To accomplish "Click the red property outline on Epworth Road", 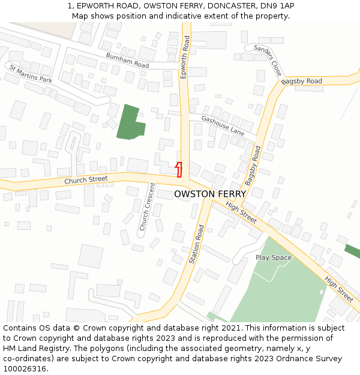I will pos(179,169).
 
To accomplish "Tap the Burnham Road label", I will pos(127,60).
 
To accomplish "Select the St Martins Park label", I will pos(31,74).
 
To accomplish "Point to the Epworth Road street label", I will pos(185,56).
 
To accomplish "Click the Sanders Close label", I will pos(268,59).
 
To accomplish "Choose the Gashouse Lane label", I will pos(223,125).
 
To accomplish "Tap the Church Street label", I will pos(86,179).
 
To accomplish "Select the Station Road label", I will pos(197,244).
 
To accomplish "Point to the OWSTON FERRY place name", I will pos(210,194).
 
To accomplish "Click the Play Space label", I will pos(274,257).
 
